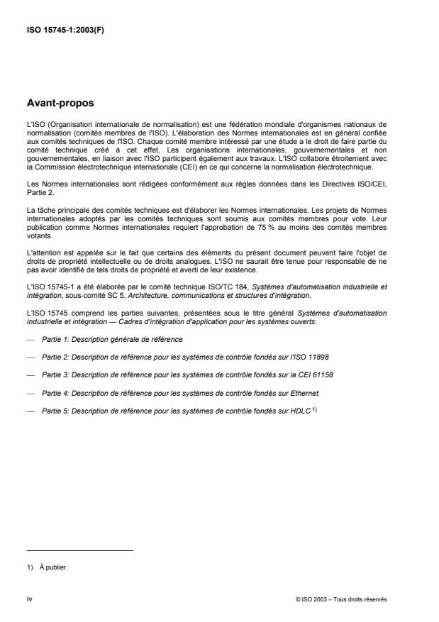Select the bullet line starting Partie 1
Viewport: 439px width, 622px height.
point(111,340)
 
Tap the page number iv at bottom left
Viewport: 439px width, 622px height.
point(29,599)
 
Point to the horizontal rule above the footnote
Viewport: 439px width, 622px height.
point(79,550)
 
